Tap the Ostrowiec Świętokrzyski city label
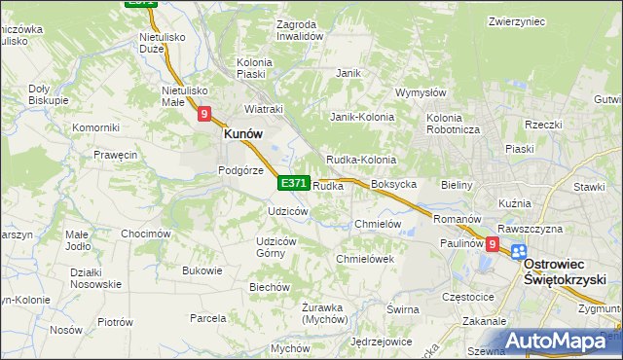[x=565, y=271]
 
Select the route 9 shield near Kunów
[x=204, y=114]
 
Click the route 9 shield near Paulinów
[x=493, y=245]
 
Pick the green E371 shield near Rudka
[x=294, y=183]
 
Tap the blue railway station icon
[x=518, y=251]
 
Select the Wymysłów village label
[x=420, y=93]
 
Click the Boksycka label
[x=394, y=184]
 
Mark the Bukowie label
[x=202, y=270]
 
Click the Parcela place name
[x=208, y=317]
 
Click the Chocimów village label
[x=146, y=234]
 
